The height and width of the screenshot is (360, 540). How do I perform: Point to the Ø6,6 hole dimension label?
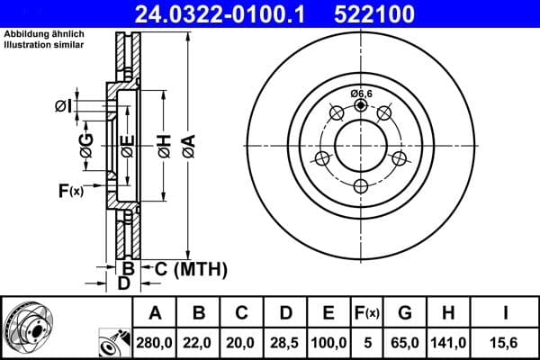click(x=361, y=94)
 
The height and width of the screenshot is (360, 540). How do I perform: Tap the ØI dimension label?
click(x=62, y=106)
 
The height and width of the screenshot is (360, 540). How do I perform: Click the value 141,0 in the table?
click(x=447, y=343)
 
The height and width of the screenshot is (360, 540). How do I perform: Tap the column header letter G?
click(x=405, y=313)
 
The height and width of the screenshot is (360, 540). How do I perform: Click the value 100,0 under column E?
click(x=329, y=343)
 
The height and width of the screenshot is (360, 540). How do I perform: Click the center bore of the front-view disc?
click(x=361, y=144)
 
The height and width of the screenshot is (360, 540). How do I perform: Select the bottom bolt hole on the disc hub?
click(x=361, y=186)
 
